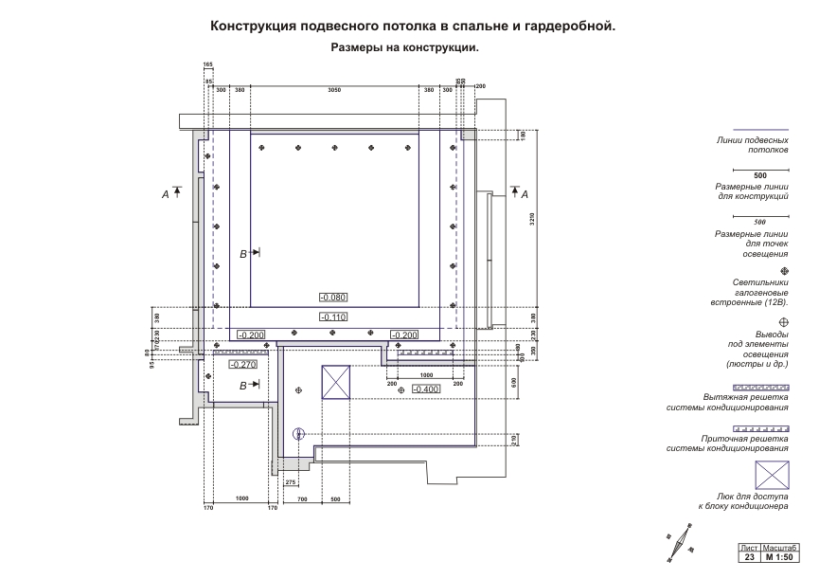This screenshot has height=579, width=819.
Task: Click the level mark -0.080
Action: (334, 298)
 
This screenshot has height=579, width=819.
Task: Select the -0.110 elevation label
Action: (334, 317)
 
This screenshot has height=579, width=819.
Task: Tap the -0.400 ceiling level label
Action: (426, 389)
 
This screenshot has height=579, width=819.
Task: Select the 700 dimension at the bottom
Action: (302, 498)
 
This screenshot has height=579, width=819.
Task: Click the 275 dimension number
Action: (291, 483)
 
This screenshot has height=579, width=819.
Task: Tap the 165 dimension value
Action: (207, 64)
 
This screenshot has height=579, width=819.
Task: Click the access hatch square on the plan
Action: (337, 383)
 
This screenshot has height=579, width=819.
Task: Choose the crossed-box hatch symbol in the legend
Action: (772, 475)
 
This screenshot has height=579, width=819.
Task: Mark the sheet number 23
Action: (749, 557)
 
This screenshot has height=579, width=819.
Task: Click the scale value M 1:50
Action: (780, 557)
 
